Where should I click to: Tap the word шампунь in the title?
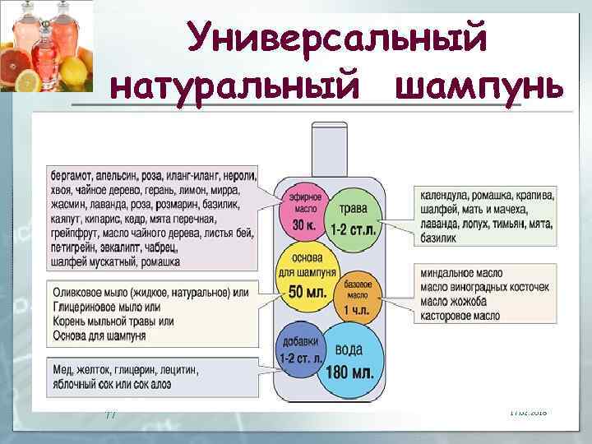point(479,86)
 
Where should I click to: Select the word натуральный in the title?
point(244,86)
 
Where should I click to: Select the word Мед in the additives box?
point(62,368)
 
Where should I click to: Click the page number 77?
point(110,414)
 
